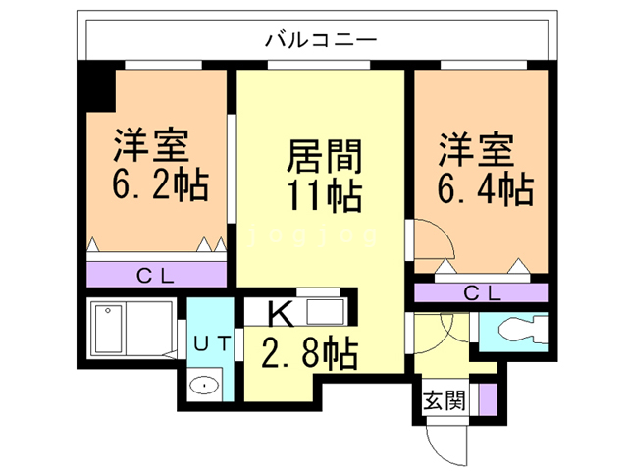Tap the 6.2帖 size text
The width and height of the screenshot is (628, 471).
tap(160, 184)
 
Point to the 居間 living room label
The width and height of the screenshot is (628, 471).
tap(323, 155)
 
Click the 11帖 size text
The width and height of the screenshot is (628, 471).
tap(323, 195)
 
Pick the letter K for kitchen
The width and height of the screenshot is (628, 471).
tap(280, 314)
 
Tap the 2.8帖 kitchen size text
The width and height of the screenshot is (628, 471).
tap(308, 352)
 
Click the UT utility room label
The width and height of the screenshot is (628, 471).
tap(211, 344)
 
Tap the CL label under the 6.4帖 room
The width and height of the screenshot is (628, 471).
tap(481, 292)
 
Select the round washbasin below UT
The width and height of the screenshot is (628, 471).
tap(204, 385)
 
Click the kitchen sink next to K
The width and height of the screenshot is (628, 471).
tap(324, 315)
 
